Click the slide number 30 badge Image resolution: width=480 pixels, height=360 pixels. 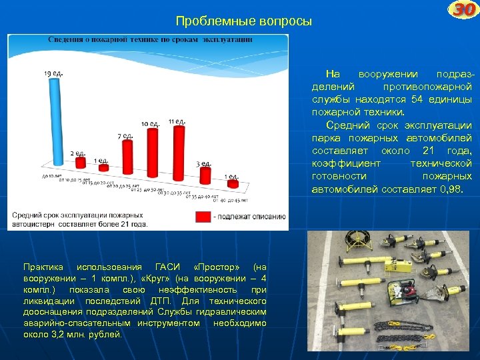462,11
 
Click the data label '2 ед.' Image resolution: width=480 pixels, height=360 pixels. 77,154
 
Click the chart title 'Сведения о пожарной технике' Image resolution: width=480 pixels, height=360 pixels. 150,40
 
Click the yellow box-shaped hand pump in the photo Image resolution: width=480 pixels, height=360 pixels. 395,268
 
